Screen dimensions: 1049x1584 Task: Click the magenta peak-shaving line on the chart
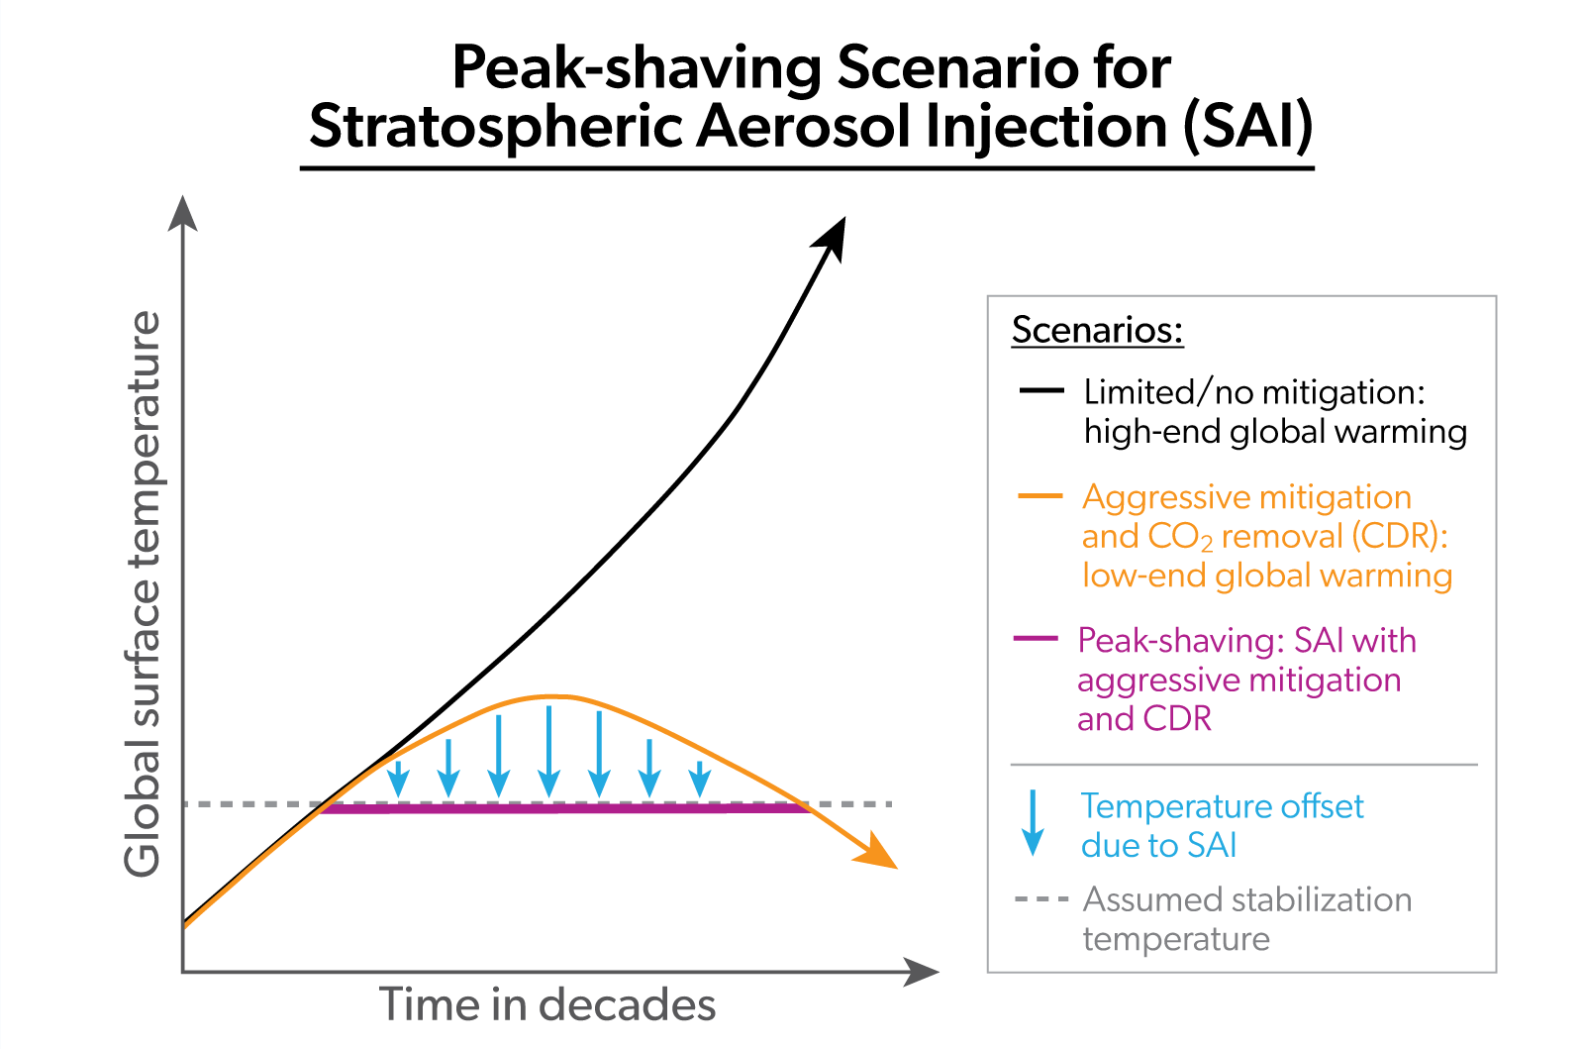pyautogui.click(x=564, y=809)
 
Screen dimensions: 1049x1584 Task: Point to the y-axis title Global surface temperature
pyautogui.click(x=142, y=594)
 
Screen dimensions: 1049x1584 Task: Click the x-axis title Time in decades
pyautogui.click(x=547, y=1004)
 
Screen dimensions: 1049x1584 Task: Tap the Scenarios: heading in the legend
pyautogui.click(x=1097, y=330)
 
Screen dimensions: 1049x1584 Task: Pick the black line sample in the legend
pyautogui.click(x=1040, y=391)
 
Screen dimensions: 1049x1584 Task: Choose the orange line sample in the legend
pyautogui.click(x=1040, y=496)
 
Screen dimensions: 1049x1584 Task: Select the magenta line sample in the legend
pyautogui.click(x=1037, y=639)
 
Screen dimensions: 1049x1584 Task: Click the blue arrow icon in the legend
pyautogui.click(x=1033, y=823)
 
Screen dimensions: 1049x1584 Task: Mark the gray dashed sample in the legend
pyautogui.click(x=1040, y=899)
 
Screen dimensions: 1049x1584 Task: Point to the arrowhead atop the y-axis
pyautogui.click(x=182, y=212)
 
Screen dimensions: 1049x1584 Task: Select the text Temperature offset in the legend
pyautogui.click(x=1222, y=806)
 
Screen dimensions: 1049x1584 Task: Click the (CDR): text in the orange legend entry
pyautogui.click(x=1400, y=536)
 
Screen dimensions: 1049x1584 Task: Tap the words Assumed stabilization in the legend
pyautogui.click(x=1247, y=899)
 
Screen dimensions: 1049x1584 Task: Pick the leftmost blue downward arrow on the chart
pyautogui.click(x=398, y=779)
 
